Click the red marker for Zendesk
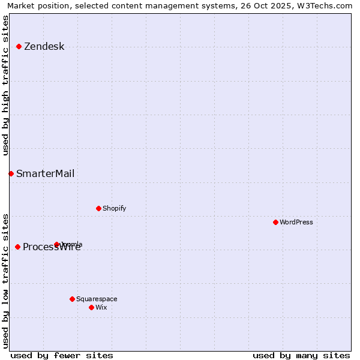(x=19, y=46)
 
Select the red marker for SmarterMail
(x=11, y=173)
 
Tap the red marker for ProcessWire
(x=17, y=247)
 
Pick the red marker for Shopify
(x=98, y=208)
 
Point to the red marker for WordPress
(x=275, y=222)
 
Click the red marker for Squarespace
(x=72, y=299)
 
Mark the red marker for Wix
(x=91, y=307)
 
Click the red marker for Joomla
(x=57, y=244)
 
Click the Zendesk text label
(x=44, y=47)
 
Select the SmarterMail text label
(x=45, y=174)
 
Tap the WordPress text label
(x=296, y=223)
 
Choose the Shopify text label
(x=114, y=209)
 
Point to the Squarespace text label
(x=97, y=299)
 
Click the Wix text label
(x=101, y=308)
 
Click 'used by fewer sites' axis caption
(x=62, y=355)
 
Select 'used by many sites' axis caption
(x=301, y=355)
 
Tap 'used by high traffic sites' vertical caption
(x=5, y=85)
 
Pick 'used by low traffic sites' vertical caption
(x=5, y=280)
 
